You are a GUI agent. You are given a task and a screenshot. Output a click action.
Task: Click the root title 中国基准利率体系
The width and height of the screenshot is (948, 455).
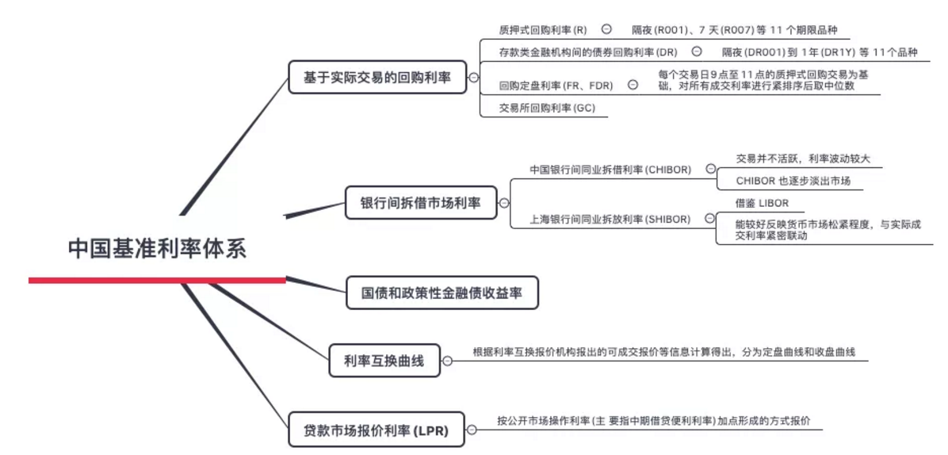(157, 248)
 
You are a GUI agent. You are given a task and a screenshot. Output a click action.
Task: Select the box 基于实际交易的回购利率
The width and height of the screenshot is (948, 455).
(377, 78)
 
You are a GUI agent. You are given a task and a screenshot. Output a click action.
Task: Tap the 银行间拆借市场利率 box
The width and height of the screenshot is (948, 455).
(421, 203)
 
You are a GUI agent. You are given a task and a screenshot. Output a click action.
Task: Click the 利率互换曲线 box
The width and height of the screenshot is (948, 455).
(384, 361)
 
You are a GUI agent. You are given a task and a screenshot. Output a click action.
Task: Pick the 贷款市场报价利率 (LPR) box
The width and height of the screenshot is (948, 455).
(376, 431)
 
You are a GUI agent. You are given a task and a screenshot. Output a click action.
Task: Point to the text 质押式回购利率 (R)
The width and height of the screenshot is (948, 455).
(543, 30)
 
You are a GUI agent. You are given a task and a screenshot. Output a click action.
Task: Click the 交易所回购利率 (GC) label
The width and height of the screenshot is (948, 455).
(546, 108)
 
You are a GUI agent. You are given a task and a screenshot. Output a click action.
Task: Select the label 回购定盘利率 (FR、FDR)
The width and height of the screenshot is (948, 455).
(556, 86)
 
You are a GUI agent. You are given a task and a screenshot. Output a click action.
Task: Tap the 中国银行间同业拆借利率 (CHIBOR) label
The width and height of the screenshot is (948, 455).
(610, 170)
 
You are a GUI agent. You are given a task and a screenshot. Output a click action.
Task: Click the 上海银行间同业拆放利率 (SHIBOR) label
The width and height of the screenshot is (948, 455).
(610, 219)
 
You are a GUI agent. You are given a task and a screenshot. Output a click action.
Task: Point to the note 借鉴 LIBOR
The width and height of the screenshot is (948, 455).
(762, 204)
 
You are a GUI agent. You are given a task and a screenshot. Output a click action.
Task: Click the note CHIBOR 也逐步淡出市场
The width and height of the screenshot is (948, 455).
(793, 182)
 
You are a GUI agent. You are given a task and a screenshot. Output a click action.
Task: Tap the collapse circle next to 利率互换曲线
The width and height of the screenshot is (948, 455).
(447, 361)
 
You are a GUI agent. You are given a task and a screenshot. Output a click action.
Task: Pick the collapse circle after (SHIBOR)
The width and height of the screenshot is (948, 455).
(710, 219)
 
